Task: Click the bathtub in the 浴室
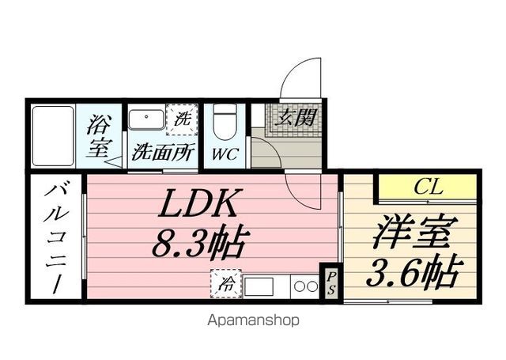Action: [x=53, y=136]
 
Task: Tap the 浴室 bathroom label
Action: [x=99, y=136]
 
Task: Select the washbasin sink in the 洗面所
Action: [x=146, y=119]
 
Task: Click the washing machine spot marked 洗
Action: [x=182, y=119]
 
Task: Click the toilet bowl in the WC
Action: [x=225, y=122]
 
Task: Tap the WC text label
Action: [x=225, y=154]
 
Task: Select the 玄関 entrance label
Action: [x=295, y=118]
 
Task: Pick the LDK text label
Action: [x=200, y=203]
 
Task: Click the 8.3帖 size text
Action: [x=197, y=243]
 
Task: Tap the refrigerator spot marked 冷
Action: [x=226, y=283]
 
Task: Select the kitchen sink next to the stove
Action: [x=259, y=286]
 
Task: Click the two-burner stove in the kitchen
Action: [x=305, y=286]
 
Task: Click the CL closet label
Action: [x=429, y=187]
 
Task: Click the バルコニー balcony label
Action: [x=57, y=238]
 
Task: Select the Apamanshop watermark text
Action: [x=253, y=320]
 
